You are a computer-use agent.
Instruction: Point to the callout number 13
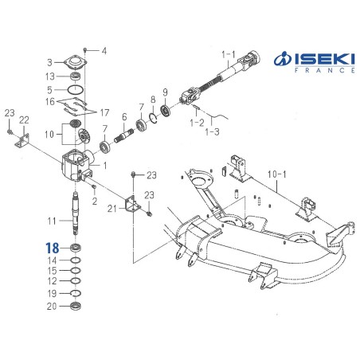click(50, 76)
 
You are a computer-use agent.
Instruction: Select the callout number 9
click(165, 91)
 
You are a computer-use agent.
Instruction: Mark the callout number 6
click(124, 116)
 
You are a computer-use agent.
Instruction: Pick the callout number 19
click(51, 294)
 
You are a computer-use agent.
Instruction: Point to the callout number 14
click(51, 260)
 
